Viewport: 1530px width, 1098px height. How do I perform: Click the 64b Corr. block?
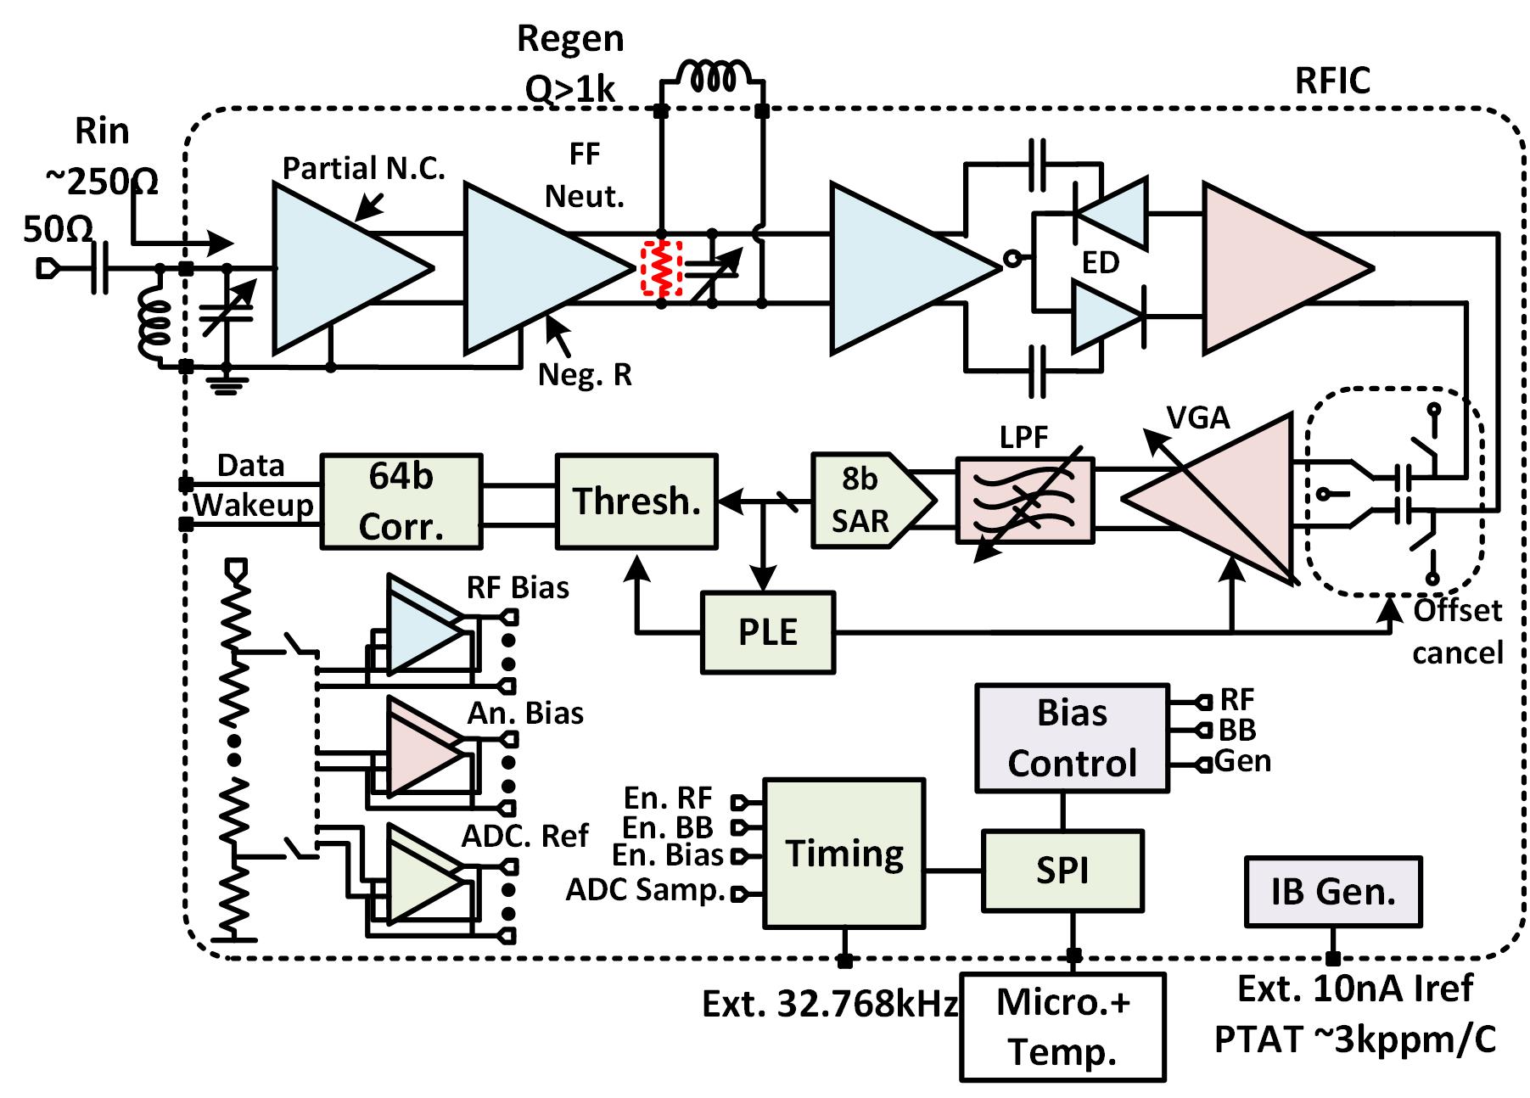[x=401, y=501]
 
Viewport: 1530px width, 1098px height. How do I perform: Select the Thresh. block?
[x=636, y=501]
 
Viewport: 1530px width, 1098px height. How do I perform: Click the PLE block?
[x=768, y=632]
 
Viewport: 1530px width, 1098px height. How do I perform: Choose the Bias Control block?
[x=1072, y=738]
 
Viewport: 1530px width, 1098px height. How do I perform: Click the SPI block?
[x=1062, y=871]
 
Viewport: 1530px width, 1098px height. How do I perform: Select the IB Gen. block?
[x=1332, y=891]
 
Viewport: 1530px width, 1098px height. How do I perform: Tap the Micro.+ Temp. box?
[x=1062, y=1027]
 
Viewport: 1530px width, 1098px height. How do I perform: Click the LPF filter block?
[x=1025, y=501]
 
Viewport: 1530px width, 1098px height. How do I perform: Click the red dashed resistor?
[x=662, y=269]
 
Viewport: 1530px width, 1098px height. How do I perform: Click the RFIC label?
[x=1332, y=81]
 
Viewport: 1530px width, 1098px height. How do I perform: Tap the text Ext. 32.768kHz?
[x=830, y=1005]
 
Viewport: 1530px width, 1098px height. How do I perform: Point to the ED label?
[x=1101, y=263]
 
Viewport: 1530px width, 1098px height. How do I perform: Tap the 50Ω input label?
[x=58, y=229]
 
